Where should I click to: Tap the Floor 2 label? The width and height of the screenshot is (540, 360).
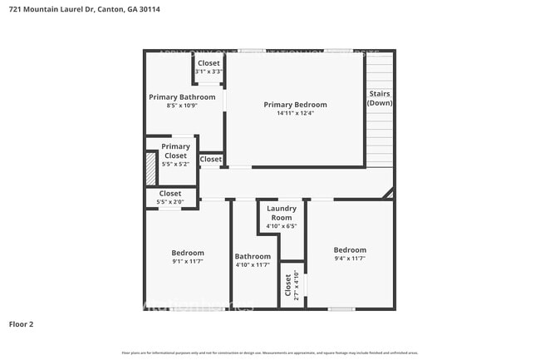pos(21,323)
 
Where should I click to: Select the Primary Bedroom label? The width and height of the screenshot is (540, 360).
pos(295,105)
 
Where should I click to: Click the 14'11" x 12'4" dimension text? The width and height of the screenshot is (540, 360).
pos(295,114)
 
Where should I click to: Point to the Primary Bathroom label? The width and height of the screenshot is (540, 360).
pos(182,97)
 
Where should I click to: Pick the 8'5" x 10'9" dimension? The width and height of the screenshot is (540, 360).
pos(182,106)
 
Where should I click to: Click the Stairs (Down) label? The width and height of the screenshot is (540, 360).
pos(380,98)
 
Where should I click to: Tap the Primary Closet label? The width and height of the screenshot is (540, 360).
pos(175,150)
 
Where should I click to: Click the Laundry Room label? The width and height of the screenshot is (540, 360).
pos(281,214)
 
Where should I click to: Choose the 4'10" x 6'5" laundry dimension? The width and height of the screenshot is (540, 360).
pos(281,225)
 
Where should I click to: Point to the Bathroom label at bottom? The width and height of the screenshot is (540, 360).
pos(253,256)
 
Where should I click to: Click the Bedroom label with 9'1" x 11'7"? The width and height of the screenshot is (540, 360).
pos(188,253)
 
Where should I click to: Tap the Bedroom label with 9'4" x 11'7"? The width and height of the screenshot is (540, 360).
pos(350,249)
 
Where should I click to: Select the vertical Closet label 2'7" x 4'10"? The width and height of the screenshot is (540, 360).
pos(289,285)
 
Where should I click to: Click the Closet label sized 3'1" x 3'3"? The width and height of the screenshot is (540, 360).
pos(209,63)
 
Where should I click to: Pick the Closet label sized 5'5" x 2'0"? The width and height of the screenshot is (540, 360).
pos(170,194)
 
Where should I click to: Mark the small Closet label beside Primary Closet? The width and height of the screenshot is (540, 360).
pos(211,159)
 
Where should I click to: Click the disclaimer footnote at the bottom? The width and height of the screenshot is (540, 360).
pos(270,353)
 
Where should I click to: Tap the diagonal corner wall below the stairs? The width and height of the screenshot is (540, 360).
pos(388,193)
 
